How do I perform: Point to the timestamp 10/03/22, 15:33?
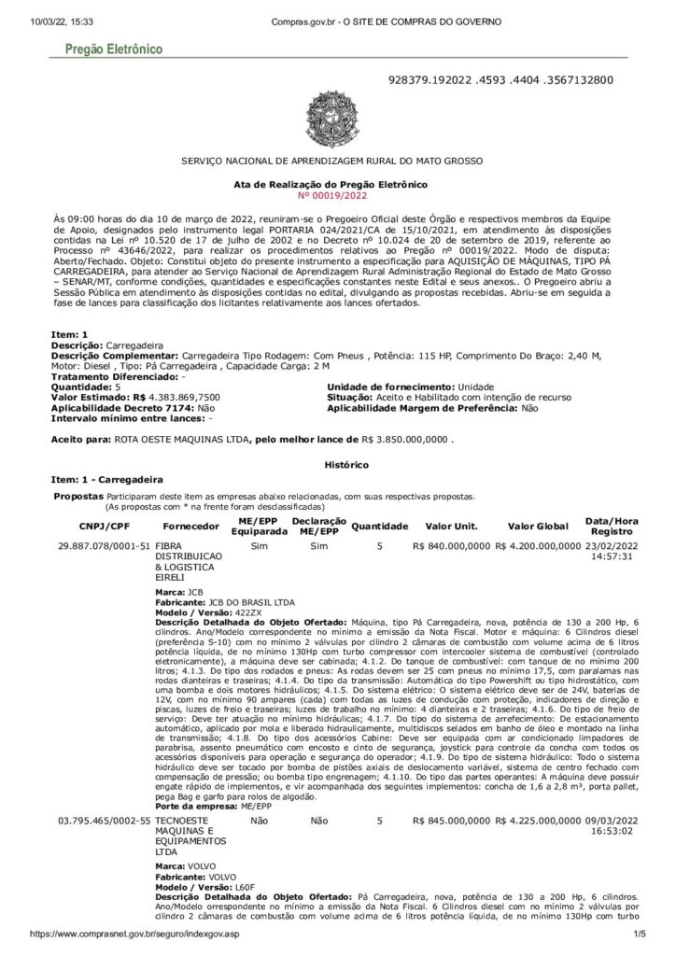click(x=45, y=21)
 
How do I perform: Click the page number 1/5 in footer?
click(x=640, y=934)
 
